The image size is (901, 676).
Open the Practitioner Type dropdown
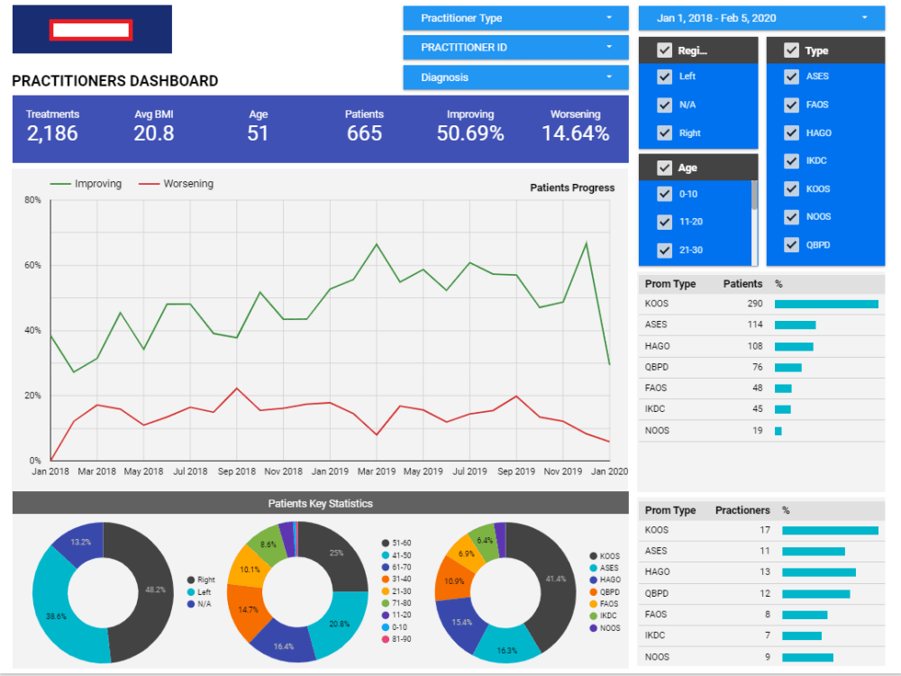click(515, 18)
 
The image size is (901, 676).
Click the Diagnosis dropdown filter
click(515, 77)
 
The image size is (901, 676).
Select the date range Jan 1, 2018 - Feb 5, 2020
click(761, 18)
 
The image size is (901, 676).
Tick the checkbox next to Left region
click(664, 77)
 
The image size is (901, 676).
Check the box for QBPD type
click(791, 245)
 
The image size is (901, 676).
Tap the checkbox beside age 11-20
click(664, 222)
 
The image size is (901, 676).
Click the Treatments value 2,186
click(52, 133)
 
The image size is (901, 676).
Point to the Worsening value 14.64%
click(575, 133)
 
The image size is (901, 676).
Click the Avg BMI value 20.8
click(153, 133)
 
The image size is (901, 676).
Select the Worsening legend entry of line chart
click(176, 183)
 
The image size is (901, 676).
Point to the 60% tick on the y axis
click(32, 265)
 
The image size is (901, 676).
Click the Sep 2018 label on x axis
click(237, 471)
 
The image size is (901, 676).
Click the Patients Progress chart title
click(572, 187)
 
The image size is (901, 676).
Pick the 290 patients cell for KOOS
click(754, 304)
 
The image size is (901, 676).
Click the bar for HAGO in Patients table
click(794, 347)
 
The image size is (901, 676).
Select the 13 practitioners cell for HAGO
click(765, 572)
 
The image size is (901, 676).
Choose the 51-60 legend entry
click(396, 544)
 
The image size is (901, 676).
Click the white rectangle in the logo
click(91, 30)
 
